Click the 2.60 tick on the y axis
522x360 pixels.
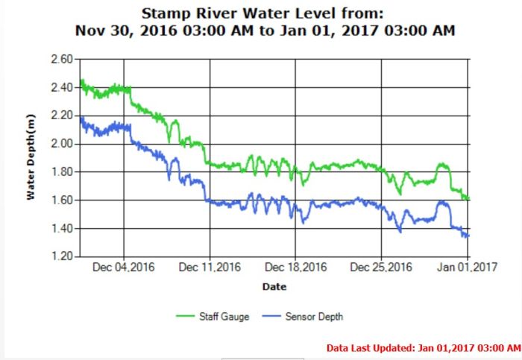tap(60, 59)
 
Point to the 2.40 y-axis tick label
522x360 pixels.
tap(60, 87)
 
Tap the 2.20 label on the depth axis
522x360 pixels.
tap(60, 116)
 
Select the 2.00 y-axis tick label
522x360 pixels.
tap(60, 144)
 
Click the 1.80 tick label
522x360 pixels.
tap(60, 172)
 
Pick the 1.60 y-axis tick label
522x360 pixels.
tap(60, 200)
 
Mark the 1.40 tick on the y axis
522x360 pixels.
tap(60, 229)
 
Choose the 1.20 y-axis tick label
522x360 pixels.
tap(60, 257)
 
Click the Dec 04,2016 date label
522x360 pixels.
tap(124, 268)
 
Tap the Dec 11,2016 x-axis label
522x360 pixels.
tap(210, 268)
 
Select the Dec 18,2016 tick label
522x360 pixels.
tap(296, 268)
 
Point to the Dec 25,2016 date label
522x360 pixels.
tap(382, 268)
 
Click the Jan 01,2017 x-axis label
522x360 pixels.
tap(468, 268)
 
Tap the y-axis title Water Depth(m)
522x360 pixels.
tap(31, 158)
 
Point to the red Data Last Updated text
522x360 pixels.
tap(423, 347)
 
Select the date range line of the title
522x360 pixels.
tap(265, 31)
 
